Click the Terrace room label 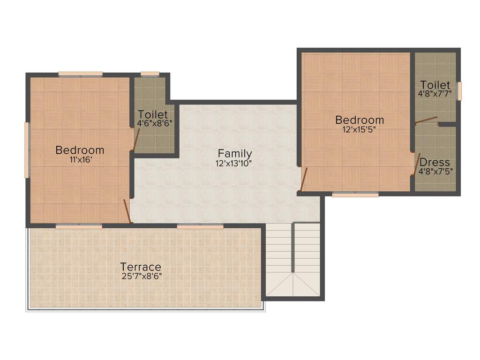[x=141, y=267]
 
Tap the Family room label [x=235, y=154]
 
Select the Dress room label [x=435, y=162]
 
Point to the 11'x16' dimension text [x=80, y=159]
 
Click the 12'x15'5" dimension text [x=360, y=129]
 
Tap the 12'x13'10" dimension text [x=235, y=163]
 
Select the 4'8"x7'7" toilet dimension [x=435, y=93]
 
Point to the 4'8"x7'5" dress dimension [x=435, y=171]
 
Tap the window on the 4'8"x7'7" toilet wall [x=459, y=91]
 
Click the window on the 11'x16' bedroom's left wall [x=27, y=150]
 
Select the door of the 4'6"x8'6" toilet [x=136, y=139]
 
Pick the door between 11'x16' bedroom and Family [x=127, y=211]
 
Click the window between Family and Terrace [x=200, y=226]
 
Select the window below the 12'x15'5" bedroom [x=355, y=194]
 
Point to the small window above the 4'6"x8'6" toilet [x=150, y=74]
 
